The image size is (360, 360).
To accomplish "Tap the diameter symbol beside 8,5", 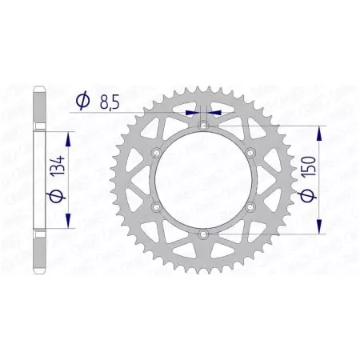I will (82, 100).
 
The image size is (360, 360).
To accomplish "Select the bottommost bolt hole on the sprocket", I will (203, 234).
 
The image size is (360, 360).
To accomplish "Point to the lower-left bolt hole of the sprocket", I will (157, 206).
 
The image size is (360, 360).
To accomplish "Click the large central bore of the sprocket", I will (203, 180).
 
